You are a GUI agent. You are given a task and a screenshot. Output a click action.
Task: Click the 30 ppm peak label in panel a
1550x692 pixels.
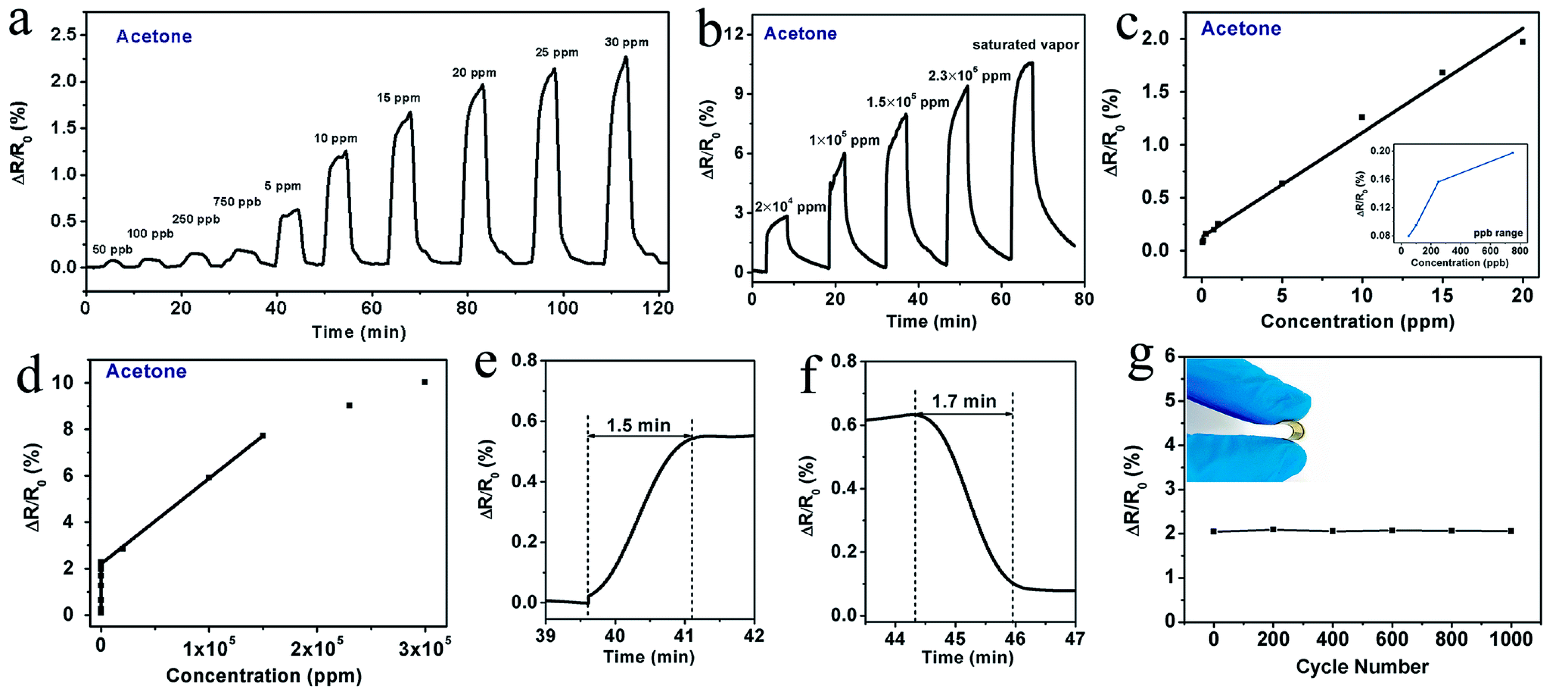pyautogui.click(x=626, y=42)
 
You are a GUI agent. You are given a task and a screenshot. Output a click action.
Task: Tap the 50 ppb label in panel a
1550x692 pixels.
pyautogui.click(x=113, y=249)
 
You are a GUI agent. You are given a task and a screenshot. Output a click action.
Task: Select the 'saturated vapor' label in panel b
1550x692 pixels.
pyautogui.click(x=1025, y=45)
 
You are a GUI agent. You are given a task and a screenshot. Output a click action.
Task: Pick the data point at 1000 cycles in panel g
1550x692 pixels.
pyautogui.click(x=1510, y=530)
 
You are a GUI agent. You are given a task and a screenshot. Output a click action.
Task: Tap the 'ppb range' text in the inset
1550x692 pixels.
pyautogui.click(x=1498, y=233)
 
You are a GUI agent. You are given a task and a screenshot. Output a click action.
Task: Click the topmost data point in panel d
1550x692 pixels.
pyautogui.click(x=425, y=382)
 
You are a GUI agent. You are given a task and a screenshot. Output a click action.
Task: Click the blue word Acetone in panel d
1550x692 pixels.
pyautogui.click(x=146, y=371)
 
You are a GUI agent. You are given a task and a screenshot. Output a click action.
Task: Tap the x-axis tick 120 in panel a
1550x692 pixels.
pyautogui.click(x=658, y=308)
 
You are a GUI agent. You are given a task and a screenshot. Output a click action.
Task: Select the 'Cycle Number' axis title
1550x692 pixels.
pyautogui.click(x=1362, y=666)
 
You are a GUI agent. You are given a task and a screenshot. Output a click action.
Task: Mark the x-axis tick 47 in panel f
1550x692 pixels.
pyautogui.click(x=1075, y=638)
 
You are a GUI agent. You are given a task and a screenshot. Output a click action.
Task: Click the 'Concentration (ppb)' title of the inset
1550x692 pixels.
pyautogui.click(x=1459, y=263)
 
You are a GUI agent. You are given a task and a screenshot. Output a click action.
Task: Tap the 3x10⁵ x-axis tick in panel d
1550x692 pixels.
pyautogui.click(x=424, y=648)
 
